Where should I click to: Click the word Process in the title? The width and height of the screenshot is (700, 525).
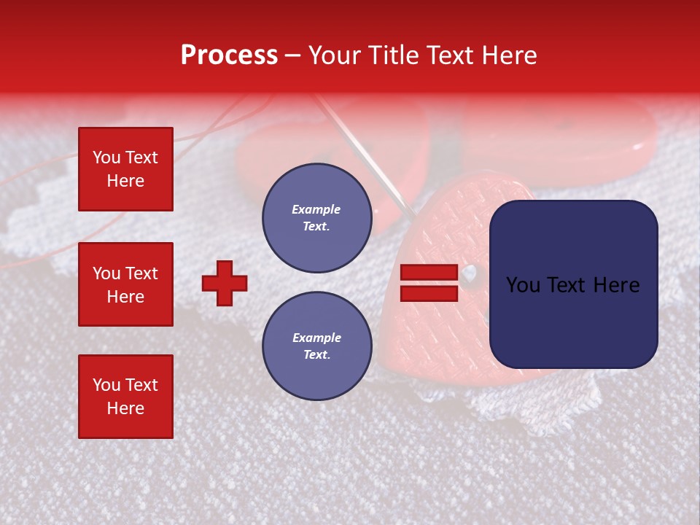[229, 55]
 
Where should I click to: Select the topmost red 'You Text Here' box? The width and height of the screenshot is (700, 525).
[125, 169]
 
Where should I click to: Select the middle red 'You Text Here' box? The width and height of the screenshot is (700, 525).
[125, 284]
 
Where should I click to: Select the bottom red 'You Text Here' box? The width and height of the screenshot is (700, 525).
[125, 396]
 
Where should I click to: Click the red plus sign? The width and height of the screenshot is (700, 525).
[225, 283]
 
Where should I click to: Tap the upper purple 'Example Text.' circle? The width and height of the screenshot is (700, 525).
[316, 218]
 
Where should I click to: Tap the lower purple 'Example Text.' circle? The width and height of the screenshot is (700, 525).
[316, 346]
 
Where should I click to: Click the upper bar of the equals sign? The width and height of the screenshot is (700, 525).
[429, 273]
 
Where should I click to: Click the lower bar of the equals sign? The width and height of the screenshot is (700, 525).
[429, 294]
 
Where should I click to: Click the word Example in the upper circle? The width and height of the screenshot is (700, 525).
[316, 210]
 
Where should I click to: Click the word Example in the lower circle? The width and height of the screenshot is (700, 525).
[316, 338]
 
